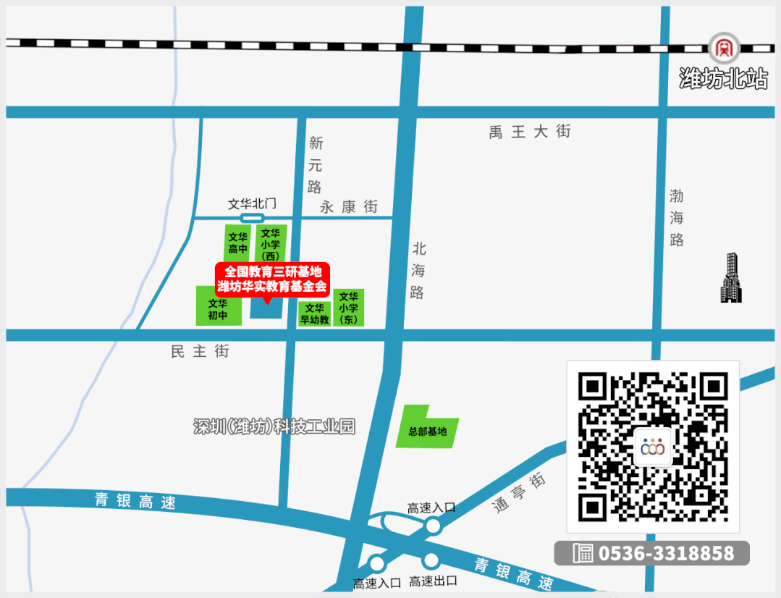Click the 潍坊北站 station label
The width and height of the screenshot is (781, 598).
point(723,79)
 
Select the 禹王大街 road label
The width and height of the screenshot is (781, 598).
point(530,132)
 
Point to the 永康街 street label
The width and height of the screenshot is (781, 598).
point(349,207)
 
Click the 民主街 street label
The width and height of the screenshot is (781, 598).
point(200,351)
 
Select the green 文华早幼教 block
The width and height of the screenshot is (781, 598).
point(314,313)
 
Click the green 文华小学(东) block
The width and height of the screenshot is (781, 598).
point(348,308)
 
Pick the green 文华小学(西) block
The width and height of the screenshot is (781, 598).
point(271,243)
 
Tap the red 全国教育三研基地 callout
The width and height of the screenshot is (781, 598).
point(272,279)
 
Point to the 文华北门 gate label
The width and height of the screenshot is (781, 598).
point(253,204)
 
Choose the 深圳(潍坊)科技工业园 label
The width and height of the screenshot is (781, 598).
point(274,426)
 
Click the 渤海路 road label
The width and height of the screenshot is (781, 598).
point(676,217)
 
